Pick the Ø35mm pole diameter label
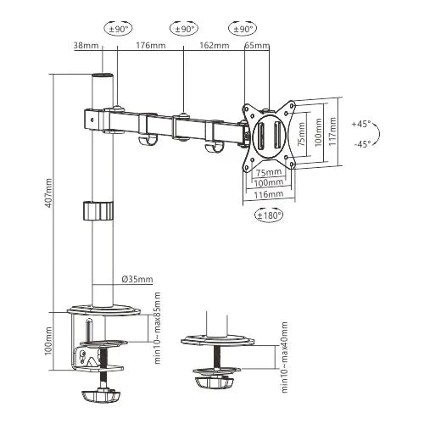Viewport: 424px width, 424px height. click(137, 279)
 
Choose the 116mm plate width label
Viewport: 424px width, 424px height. click(270, 194)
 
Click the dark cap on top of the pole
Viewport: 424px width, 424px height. click(103, 78)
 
